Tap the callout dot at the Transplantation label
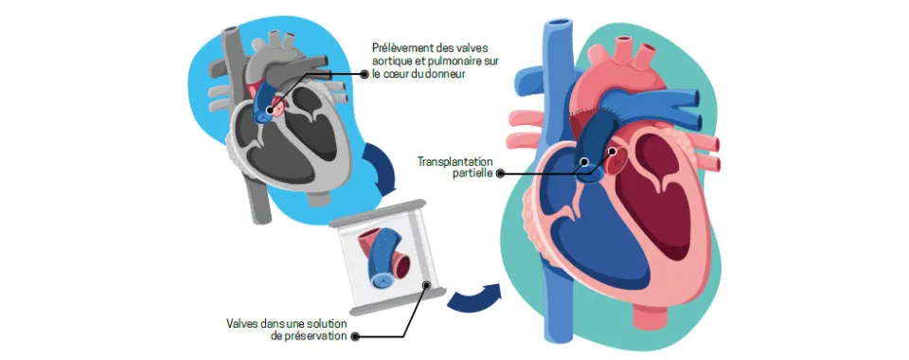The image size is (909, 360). click(x=498, y=174)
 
